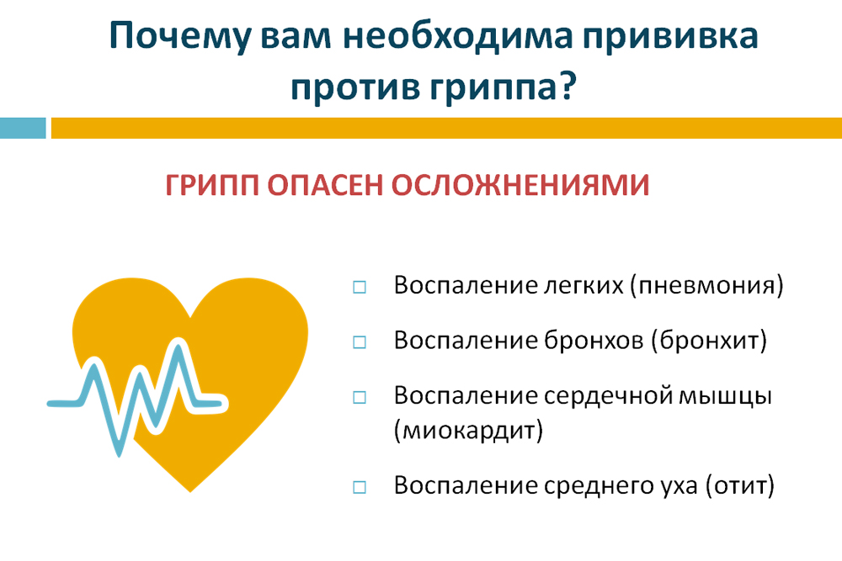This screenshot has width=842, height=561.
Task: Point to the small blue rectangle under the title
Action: pyautogui.click(x=23, y=128)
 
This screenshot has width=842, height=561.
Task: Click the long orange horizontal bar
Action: pyautogui.click(x=446, y=128)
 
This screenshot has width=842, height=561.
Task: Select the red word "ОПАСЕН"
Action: pyautogui.click(x=325, y=185)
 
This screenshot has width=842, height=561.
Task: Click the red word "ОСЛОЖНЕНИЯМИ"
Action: pyautogui.click(x=520, y=185)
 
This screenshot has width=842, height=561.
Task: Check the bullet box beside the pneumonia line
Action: pyautogui.click(x=360, y=288)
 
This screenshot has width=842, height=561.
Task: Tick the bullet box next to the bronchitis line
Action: pyautogui.click(x=360, y=342)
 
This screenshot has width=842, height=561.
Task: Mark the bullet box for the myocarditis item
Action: pyautogui.click(x=360, y=398)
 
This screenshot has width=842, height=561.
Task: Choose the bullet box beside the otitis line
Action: pyautogui.click(x=360, y=487)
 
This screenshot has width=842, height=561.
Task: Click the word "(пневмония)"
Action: pyautogui.click(x=707, y=285)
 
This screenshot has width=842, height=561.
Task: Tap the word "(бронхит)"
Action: pyautogui.click(x=709, y=341)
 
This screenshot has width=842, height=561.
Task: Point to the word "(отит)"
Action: pyautogui.click(x=740, y=485)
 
